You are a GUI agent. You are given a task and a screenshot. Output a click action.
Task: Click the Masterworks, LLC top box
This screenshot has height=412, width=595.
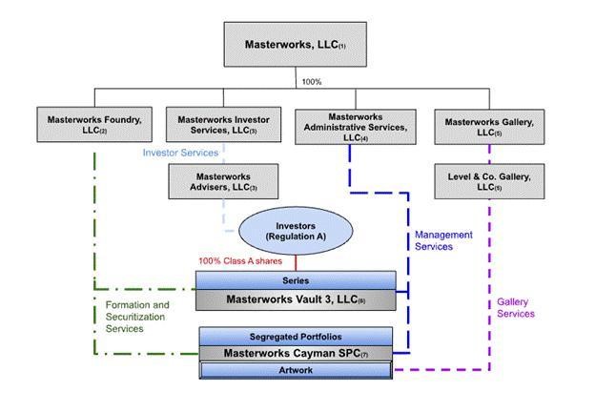tap(295, 44)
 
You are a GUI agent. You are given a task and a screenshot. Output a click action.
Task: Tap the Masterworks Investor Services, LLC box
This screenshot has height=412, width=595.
tap(224, 125)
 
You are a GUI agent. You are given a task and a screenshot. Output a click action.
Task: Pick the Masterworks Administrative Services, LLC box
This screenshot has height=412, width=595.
tap(355, 125)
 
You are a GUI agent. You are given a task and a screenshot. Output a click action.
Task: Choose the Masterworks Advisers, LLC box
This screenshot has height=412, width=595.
tap(224, 181)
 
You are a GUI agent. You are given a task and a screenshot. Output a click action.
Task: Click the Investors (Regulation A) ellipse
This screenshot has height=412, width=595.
tap(296, 232)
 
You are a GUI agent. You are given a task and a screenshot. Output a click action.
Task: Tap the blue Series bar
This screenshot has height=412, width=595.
tap(295, 280)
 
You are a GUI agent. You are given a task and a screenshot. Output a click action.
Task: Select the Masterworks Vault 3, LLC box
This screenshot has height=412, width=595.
tap(295, 299)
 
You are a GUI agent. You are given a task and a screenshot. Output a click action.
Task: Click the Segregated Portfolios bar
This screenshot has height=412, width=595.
tap(295, 337)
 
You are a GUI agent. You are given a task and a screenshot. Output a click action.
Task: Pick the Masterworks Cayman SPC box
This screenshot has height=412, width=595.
tap(295, 353)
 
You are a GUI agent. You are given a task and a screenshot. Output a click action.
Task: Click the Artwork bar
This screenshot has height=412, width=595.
tap(295, 369)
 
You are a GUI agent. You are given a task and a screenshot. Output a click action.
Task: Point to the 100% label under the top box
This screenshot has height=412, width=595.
tap(311, 82)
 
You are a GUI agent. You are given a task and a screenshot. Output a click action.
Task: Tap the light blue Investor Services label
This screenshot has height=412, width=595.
tap(180, 153)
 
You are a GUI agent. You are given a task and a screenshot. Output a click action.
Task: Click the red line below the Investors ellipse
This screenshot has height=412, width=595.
tap(296, 262)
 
